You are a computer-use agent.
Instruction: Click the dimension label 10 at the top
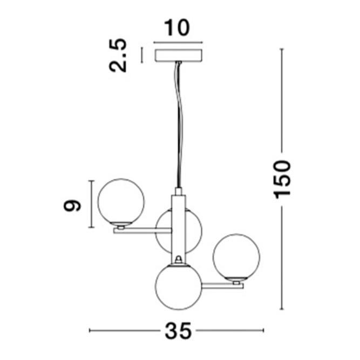pyautogui.click(x=176, y=28)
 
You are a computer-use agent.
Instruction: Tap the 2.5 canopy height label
pyautogui.click(x=118, y=55)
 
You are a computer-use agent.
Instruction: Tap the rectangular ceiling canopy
pyautogui.click(x=178, y=56)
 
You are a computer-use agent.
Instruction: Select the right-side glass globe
pyautogui.click(x=236, y=256)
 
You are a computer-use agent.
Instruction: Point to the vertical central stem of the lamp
pyautogui.click(x=178, y=224)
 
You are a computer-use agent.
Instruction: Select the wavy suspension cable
pyautogui.click(x=178, y=124)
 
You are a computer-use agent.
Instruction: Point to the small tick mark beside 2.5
pyautogui.click(x=142, y=55)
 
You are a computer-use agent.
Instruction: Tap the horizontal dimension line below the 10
pyautogui.click(x=178, y=42)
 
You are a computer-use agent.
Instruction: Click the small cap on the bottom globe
pyautogui.click(x=178, y=261)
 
